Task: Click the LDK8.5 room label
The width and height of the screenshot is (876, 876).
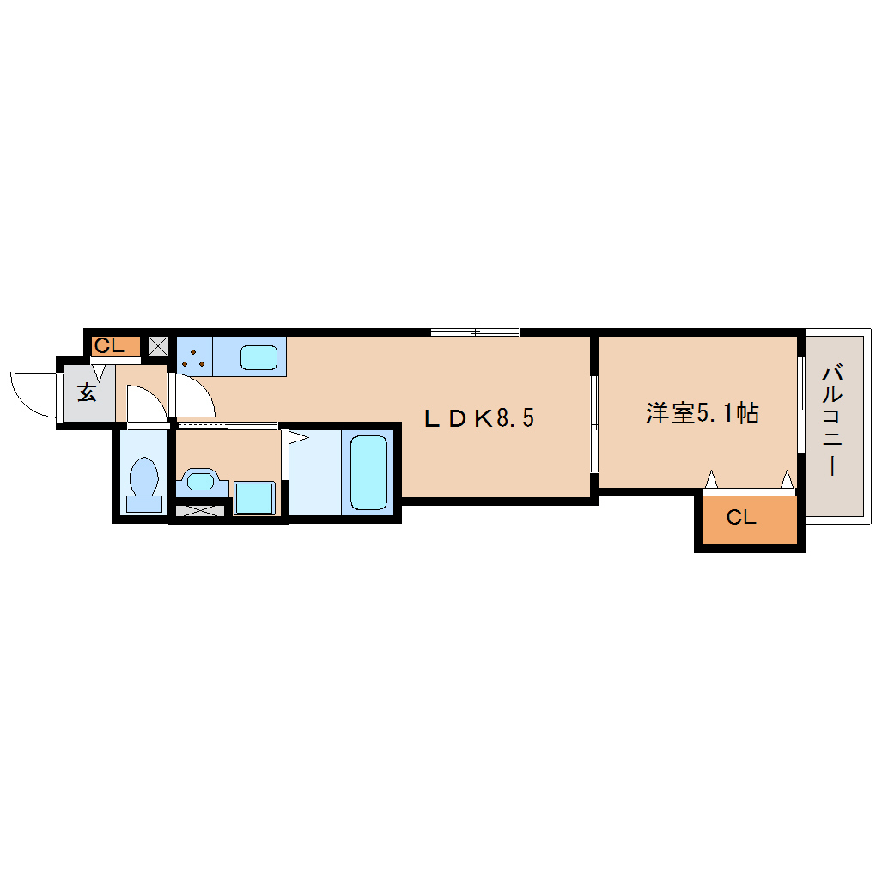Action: coord(479,418)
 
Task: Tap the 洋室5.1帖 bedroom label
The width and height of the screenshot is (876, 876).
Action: coord(703,413)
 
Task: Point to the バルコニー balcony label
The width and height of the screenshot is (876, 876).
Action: coord(832,420)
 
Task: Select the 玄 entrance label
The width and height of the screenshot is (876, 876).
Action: coord(87,392)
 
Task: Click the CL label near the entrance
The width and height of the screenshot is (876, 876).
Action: coord(109,346)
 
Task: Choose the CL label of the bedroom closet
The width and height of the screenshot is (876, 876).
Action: coord(741,517)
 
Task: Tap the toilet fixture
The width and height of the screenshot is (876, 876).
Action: coord(144,484)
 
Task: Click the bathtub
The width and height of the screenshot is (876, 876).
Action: coord(368,472)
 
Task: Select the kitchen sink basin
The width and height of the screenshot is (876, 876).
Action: coord(259,357)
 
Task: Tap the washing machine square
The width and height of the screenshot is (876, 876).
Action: coord(254,498)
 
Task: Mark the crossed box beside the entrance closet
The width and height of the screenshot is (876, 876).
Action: coord(158,346)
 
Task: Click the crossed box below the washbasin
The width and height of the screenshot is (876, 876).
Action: coord(200,510)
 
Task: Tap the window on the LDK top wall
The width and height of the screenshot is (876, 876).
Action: coord(475,332)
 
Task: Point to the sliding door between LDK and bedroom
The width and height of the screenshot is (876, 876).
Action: coord(594,424)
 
